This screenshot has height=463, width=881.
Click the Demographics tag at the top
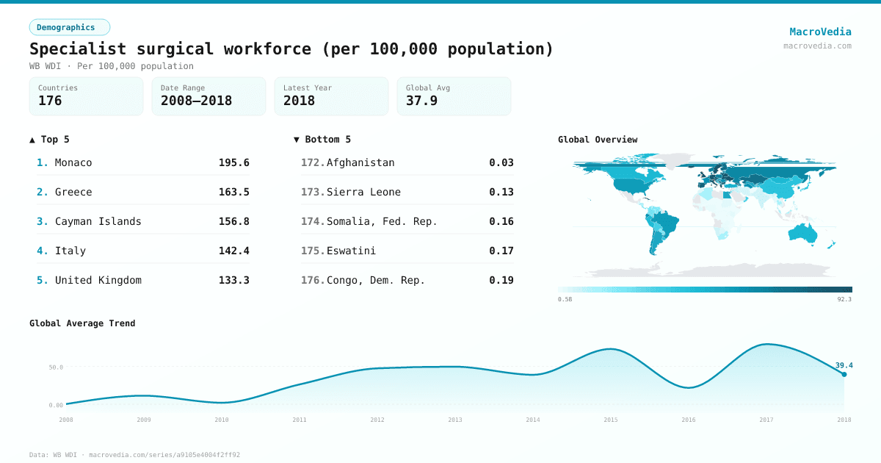click(69, 27)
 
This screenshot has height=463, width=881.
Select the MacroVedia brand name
click(820, 32)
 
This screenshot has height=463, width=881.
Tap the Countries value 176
click(50, 101)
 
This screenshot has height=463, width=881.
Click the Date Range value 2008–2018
click(196, 101)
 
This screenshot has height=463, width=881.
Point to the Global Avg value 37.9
click(421, 101)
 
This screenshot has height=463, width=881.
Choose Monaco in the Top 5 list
click(73, 162)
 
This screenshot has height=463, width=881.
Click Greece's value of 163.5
click(233, 192)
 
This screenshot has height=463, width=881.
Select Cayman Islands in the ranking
click(98, 221)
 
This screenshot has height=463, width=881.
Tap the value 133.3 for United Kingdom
click(233, 280)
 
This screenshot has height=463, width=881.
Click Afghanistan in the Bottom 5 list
click(360, 162)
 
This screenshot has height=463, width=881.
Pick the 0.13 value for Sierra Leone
click(501, 192)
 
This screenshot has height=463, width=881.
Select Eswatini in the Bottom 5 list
click(351, 251)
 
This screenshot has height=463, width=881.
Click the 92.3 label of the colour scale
click(844, 299)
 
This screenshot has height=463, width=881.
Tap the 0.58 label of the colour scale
click(565, 299)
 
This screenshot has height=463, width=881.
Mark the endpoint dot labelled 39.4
click(844, 375)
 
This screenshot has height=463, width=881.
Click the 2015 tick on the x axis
click(610, 420)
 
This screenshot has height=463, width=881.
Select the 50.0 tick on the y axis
click(56, 367)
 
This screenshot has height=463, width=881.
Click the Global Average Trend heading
click(82, 323)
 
